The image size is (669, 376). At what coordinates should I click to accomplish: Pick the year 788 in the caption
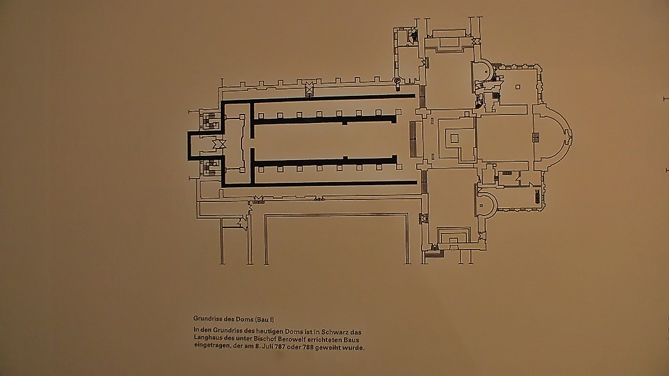[308, 347]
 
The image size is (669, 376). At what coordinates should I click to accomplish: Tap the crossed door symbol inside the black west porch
[219, 144]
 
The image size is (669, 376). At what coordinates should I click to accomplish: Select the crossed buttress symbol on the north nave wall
[309, 88]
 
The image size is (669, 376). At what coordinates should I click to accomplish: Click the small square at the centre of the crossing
[454, 138]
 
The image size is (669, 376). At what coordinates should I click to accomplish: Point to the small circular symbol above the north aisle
[397, 80]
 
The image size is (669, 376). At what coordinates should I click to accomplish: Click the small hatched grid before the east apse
[535, 138]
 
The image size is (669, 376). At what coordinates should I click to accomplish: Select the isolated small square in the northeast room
[518, 88]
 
